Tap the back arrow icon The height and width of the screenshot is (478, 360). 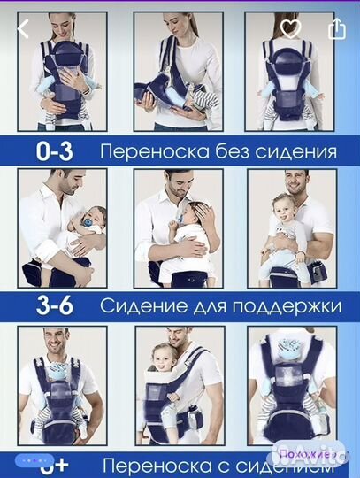[x=23, y=28]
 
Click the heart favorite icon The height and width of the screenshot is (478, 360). [x=291, y=28]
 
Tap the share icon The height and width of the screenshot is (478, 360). [x=336, y=28]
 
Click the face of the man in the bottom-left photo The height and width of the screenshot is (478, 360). [x=58, y=341]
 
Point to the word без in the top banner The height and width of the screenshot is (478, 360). [x=235, y=151]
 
